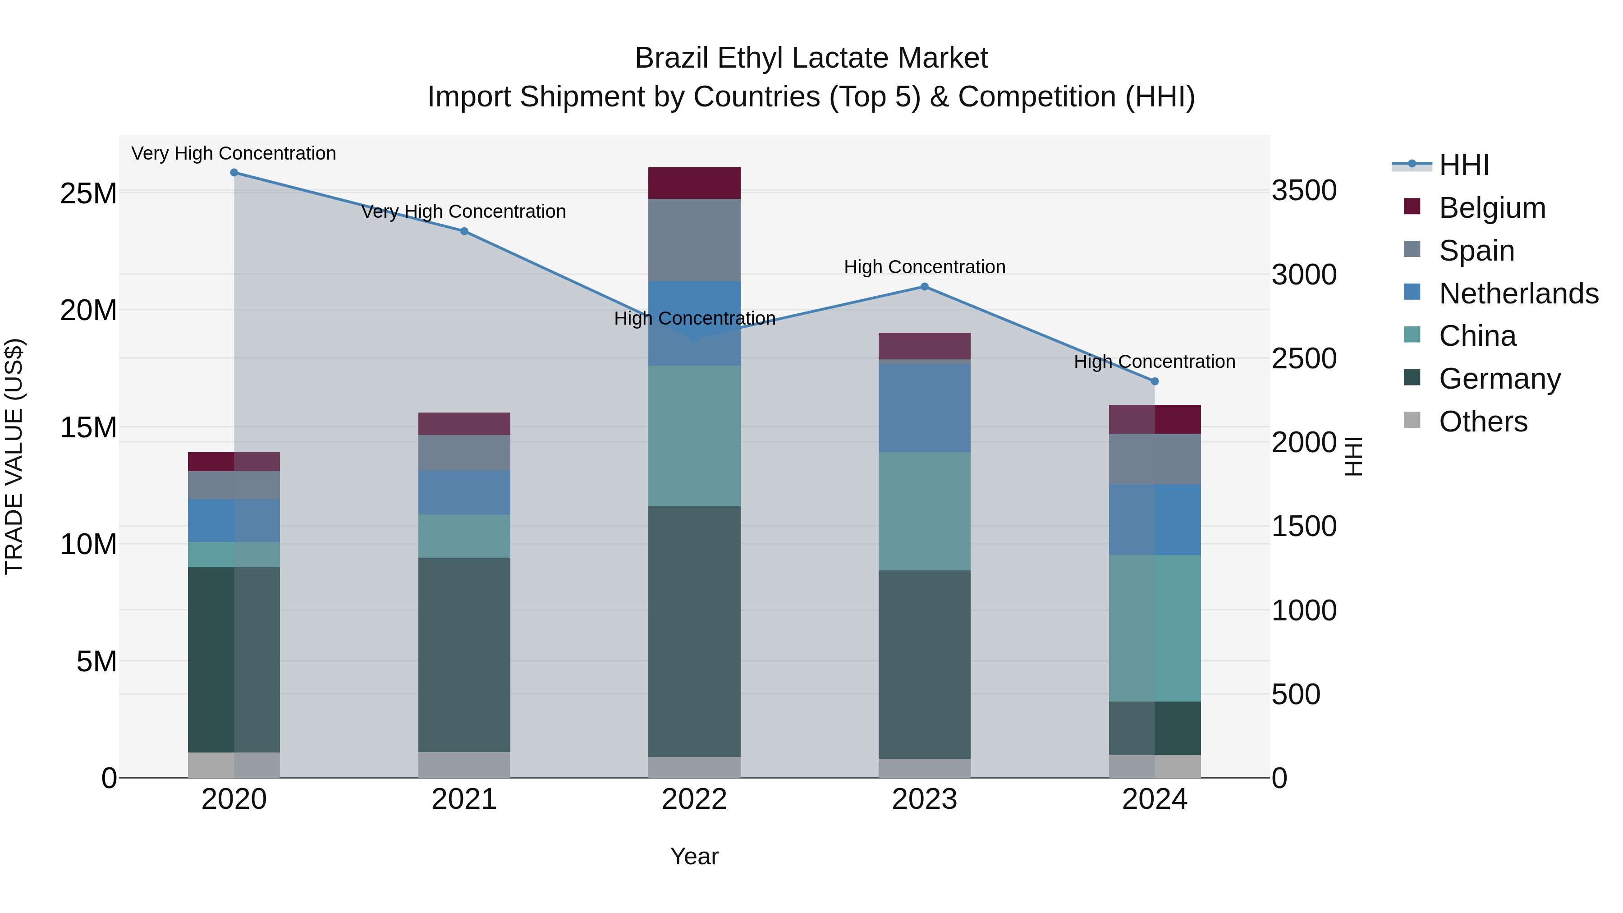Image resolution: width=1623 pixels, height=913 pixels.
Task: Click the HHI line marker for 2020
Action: pyautogui.click(x=234, y=173)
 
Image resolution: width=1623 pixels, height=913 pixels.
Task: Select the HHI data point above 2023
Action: pyautogui.click(x=924, y=287)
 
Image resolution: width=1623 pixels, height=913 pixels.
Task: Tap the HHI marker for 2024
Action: pyautogui.click(x=1154, y=381)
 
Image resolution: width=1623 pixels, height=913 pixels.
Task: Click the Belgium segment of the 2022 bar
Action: pyautogui.click(x=694, y=184)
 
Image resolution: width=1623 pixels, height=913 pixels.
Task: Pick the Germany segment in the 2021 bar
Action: pyautogui.click(x=464, y=655)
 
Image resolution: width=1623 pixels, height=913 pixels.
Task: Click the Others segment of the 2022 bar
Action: pyautogui.click(x=694, y=767)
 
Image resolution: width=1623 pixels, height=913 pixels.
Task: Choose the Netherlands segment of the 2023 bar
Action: pyautogui.click(x=924, y=408)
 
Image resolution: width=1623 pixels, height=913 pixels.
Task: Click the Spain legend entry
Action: pyautogui.click(x=1476, y=251)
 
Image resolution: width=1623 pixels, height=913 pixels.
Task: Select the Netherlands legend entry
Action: pyautogui.click(x=1518, y=294)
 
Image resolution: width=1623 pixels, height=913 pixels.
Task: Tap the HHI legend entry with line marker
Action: pyautogui.click(x=1463, y=165)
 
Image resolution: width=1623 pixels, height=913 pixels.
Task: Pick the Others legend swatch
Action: pyautogui.click(x=1412, y=420)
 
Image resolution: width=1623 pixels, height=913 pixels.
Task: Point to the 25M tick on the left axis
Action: pyautogui.click(x=88, y=193)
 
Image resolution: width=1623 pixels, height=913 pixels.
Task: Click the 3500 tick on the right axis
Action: pyautogui.click(x=1303, y=190)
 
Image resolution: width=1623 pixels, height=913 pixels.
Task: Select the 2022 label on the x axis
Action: pyautogui.click(x=694, y=799)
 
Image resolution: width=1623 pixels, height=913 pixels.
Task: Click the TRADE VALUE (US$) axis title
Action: pyautogui.click(x=14, y=456)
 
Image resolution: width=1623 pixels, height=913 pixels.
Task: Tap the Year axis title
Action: pyautogui.click(x=694, y=856)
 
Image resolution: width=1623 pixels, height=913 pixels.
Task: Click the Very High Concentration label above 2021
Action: pyautogui.click(x=464, y=212)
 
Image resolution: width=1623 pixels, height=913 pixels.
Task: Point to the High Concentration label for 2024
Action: pyautogui.click(x=1154, y=362)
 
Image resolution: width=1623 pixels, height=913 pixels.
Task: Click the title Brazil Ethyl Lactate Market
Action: pyautogui.click(x=811, y=58)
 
